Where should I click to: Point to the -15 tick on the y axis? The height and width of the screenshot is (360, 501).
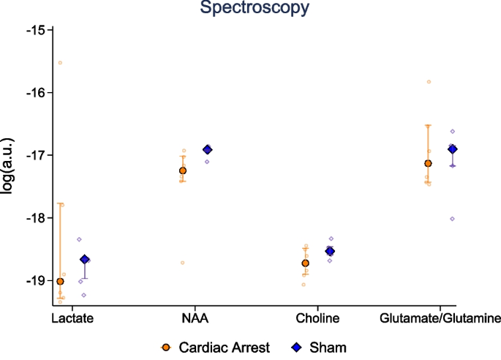(x=35, y=30)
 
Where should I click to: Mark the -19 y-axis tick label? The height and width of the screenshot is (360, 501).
(x=35, y=281)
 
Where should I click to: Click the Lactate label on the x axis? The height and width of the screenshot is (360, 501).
(x=72, y=319)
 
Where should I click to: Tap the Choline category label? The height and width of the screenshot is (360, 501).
(x=317, y=319)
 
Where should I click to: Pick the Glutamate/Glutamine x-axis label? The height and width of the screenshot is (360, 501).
(x=440, y=319)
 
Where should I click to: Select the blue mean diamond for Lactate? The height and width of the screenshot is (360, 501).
(x=85, y=260)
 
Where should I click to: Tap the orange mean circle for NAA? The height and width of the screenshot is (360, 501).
(x=183, y=170)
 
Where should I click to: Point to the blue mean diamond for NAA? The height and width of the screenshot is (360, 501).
(x=207, y=150)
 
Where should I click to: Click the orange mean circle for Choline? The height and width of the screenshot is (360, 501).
(x=306, y=263)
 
